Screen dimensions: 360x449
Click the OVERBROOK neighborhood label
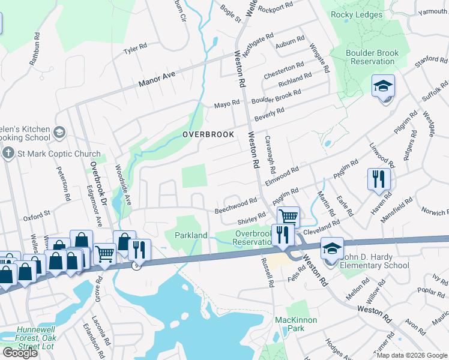(208, 134)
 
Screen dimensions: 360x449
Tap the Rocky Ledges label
(357, 14)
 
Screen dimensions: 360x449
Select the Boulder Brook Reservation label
(372, 57)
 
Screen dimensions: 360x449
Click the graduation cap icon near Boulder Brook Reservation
(382, 87)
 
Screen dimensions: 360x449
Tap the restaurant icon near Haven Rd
(379, 178)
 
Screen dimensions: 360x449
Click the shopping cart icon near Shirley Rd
(288, 216)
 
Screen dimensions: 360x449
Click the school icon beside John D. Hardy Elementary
(332, 247)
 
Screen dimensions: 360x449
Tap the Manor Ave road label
(157, 76)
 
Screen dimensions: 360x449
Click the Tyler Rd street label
(135, 47)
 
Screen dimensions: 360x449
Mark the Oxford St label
(37, 214)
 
